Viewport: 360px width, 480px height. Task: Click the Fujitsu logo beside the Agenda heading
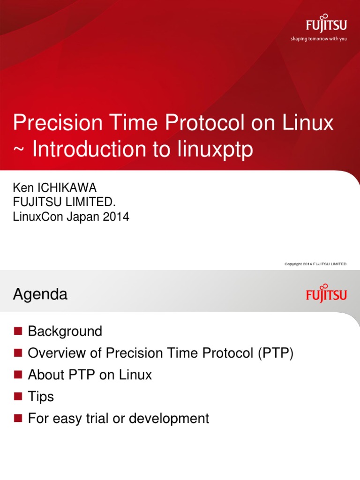(x=327, y=293)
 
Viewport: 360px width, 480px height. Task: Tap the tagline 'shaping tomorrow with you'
(x=319, y=39)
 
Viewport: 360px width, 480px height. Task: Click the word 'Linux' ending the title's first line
(x=310, y=123)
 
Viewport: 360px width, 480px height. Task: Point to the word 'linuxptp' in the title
(x=215, y=150)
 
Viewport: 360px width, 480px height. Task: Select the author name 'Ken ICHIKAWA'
(x=55, y=188)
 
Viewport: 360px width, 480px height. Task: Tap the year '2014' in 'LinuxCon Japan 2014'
(x=117, y=217)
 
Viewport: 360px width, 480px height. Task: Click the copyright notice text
(x=315, y=264)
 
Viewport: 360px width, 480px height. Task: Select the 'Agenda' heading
(x=40, y=294)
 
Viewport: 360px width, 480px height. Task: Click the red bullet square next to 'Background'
(x=18, y=331)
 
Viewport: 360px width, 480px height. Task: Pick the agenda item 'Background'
(x=65, y=331)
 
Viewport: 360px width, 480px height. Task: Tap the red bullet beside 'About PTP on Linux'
(x=18, y=375)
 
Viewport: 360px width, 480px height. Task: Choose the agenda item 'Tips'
(x=41, y=397)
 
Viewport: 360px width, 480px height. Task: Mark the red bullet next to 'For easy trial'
(x=18, y=418)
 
